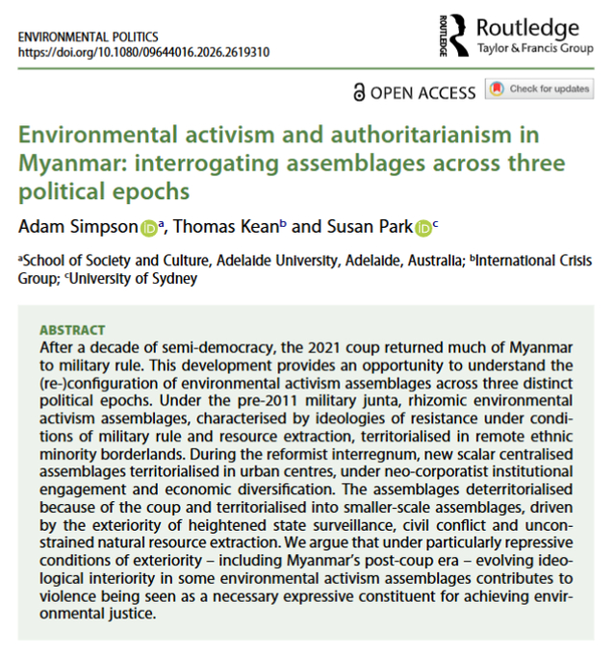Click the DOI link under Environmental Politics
(x=143, y=53)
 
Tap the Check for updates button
(x=540, y=89)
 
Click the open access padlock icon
(x=360, y=92)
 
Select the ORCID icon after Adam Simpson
(x=149, y=227)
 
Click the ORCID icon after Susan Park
(x=423, y=227)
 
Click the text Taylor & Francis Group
(x=534, y=48)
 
